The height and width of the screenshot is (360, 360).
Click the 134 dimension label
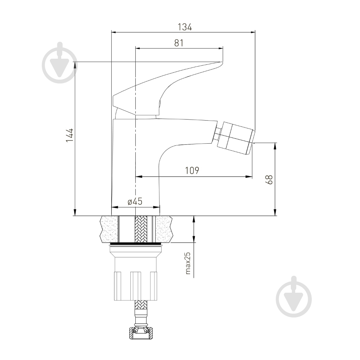(185, 27)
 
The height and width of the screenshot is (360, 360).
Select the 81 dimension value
(179, 43)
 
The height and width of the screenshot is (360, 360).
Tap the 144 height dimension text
(69, 135)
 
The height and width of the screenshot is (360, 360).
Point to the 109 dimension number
(192, 171)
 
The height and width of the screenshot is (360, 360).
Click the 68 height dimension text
(269, 180)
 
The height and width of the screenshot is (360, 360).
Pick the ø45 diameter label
(135, 201)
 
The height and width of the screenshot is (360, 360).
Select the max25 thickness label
(188, 263)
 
